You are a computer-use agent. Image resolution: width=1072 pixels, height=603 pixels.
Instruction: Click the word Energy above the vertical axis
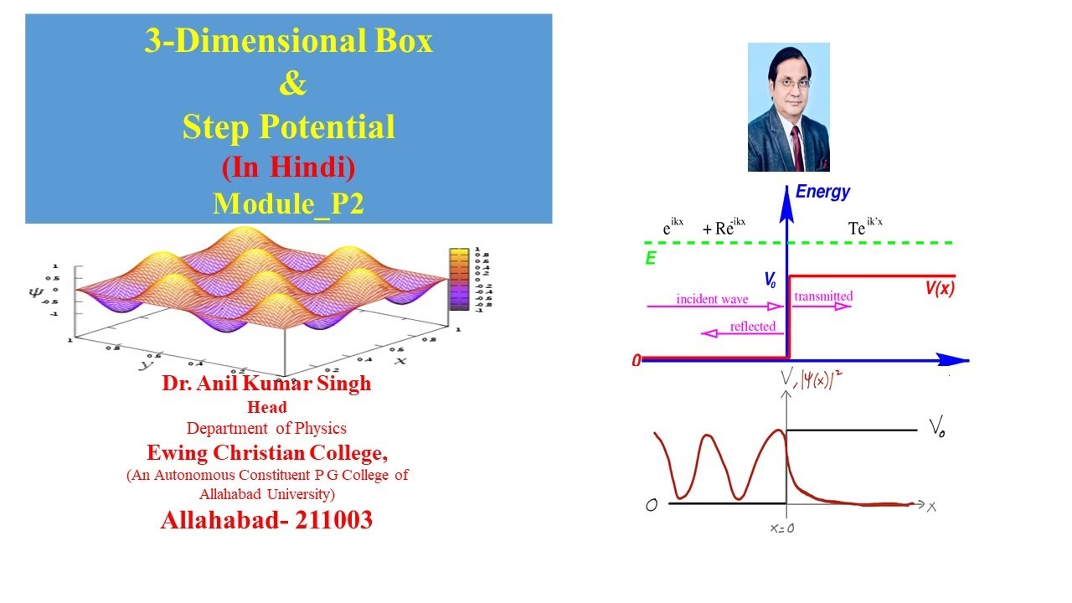822,192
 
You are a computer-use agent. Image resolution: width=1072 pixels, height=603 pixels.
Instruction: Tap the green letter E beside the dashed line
650,259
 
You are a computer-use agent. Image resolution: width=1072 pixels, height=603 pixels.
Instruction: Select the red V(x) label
940,288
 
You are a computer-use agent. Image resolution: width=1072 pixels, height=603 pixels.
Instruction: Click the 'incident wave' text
712,299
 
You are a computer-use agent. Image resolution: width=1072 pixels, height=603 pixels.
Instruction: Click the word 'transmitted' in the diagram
822,296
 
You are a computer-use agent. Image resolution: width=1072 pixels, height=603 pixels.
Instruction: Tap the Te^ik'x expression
868,228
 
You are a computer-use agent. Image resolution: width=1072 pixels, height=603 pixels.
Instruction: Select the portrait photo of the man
788,107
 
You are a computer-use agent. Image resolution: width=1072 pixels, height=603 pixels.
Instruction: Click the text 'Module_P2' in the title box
288,204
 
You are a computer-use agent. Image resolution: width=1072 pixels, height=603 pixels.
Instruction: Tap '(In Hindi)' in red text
288,167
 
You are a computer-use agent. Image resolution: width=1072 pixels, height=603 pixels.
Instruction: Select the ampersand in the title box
288,84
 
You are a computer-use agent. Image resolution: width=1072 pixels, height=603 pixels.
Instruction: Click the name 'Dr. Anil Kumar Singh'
266,384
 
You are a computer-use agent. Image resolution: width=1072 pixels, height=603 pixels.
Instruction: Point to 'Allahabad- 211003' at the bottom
266,520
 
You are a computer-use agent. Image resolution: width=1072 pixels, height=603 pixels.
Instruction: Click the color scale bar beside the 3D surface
458,279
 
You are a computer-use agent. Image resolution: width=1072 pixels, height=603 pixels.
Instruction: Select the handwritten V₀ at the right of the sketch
936,429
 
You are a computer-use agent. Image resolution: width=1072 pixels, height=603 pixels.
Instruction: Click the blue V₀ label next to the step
770,281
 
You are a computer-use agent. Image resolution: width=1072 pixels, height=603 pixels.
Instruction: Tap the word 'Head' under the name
266,408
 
